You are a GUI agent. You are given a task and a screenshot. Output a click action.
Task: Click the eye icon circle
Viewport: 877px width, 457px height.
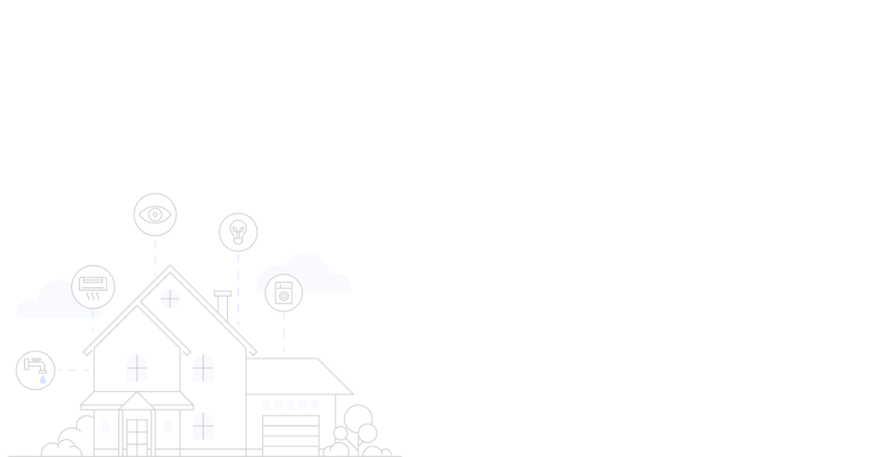[x=155, y=214]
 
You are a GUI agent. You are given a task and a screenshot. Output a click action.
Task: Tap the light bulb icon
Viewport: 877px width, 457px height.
[x=238, y=232]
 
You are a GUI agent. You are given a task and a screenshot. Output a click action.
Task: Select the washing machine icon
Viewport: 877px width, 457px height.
[x=283, y=293]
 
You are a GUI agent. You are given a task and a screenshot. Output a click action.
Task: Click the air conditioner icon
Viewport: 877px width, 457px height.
[x=92, y=287]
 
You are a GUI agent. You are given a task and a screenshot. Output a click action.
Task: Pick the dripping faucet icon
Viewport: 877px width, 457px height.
[x=35, y=370]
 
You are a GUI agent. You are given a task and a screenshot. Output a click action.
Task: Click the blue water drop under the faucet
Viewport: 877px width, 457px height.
[x=42, y=379]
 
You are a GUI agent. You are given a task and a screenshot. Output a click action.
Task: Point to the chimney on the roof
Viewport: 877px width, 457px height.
[x=223, y=307]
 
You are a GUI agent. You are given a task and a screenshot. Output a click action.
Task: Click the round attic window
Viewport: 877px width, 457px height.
[x=170, y=298]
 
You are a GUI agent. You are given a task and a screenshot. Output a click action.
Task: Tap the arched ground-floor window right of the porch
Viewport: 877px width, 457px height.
[x=203, y=425]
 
